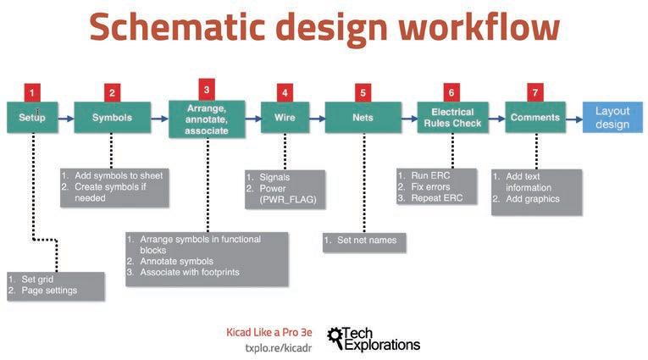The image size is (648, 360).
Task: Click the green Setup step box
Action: (x=32, y=118)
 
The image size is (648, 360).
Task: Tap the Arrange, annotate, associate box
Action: (x=206, y=119)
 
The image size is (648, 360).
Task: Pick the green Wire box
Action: (x=285, y=118)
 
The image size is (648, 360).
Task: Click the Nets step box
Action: (x=363, y=118)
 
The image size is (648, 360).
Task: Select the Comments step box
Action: (x=535, y=118)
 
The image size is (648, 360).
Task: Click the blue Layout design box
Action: (x=612, y=118)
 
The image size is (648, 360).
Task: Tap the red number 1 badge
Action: (x=32, y=91)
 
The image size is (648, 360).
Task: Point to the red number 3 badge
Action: (x=207, y=87)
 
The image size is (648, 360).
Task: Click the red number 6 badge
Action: (x=452, y=91)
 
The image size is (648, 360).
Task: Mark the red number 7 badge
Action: (x=534, y=91)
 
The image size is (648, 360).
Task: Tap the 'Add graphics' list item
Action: (x=532, y=199)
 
